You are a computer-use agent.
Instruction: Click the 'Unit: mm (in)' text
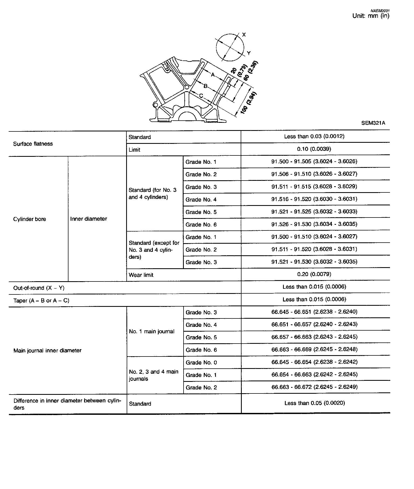[x=371, y=16]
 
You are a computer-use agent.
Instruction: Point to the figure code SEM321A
[x=373, y=123]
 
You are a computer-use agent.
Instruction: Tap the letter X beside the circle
[x=244, y=35]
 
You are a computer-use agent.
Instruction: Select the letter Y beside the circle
[x=249, y=53]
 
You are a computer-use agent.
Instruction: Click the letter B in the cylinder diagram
[x=205, y=86]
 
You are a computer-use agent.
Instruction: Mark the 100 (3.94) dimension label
[x=248, y=103]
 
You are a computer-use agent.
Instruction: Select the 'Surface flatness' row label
[x=33, y=144]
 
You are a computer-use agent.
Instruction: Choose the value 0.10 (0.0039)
[x=314, y=149]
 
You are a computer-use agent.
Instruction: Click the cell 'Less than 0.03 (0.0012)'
[x=314, y=136]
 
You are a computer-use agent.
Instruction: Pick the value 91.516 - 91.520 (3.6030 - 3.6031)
[x=314, y=199]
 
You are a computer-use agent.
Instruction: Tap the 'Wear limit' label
[x=141, y=275]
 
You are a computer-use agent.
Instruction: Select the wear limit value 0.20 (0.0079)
[x=314, y=274]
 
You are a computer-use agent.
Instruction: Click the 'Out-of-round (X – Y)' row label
[x=39, y=288]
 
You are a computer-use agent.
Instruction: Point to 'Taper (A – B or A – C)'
[x=41, y=301]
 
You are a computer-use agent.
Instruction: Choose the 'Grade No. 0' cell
[x=201, y=362]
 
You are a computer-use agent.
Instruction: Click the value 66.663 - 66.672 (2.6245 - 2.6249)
[x=314, y=387]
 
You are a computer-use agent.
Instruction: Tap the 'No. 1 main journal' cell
[x=151, y=331]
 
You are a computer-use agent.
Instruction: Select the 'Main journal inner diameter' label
[x=47, y=351]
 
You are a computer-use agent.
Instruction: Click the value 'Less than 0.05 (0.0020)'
[x=315, y=403]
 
